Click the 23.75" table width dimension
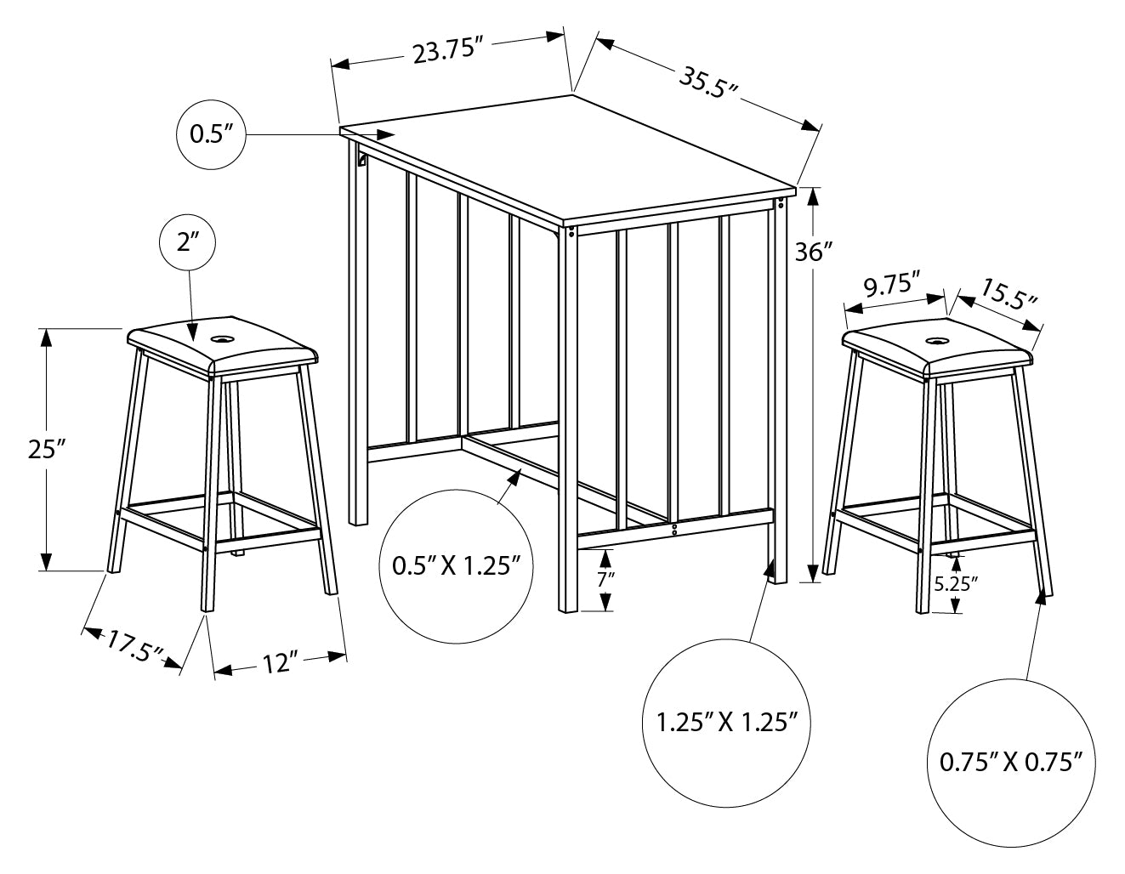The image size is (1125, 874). click(x=447, y=53)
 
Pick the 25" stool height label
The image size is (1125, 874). click(x=47, y=449)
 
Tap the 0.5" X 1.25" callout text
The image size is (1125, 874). click(x=456, y=565)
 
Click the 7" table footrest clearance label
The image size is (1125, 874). click(x=605, y=581)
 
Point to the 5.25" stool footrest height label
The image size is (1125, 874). click(x=956, y=583)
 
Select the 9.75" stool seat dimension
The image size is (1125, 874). click(x=892, y=285)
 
